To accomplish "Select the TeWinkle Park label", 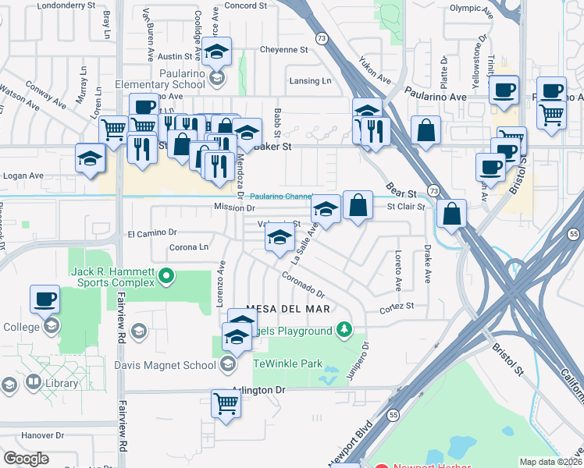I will [294, 363].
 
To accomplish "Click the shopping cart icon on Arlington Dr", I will [226, 404].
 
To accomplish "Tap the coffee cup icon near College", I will [45, 299].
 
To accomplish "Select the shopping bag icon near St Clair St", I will [357, 206].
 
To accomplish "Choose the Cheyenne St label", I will [284, 49].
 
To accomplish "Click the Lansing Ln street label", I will [309, 81].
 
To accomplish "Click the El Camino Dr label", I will [152, 232].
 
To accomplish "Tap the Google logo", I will [26, 458].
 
